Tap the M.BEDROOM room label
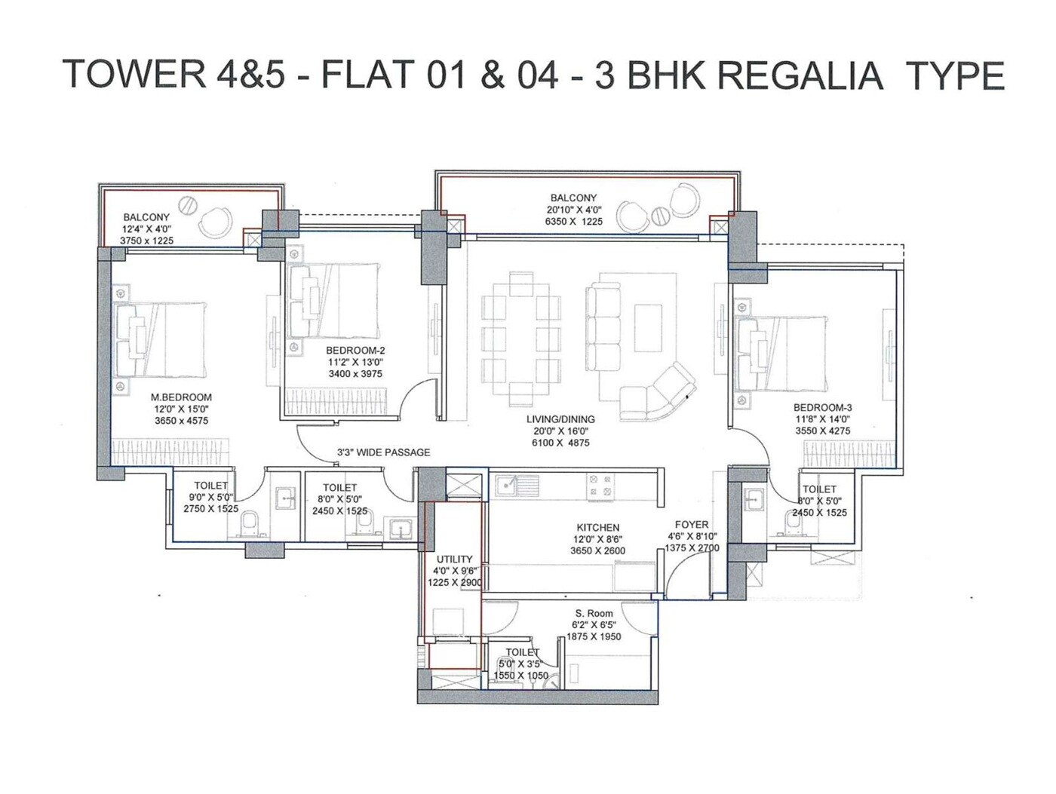[x=181, y=397]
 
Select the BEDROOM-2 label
[x=355, y=351]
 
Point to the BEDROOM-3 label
[x=822, y=408]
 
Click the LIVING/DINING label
[x=560, y=419]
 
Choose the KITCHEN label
[x=597, y=528]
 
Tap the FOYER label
[x=692, y=525]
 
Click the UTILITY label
[x=454, y=559]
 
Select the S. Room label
[x=594, y=614]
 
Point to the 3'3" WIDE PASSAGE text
[x=383, y=452]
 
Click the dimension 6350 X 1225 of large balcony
[x=573, y=222]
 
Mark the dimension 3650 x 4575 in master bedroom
[x=181, y=421]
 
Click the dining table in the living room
[x=521, y=339]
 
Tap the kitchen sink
[x=516, y=485]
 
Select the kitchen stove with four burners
[x=600, y=485]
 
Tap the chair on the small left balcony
[x=216, y=222]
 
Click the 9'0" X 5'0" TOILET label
[x=210, y=486]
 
